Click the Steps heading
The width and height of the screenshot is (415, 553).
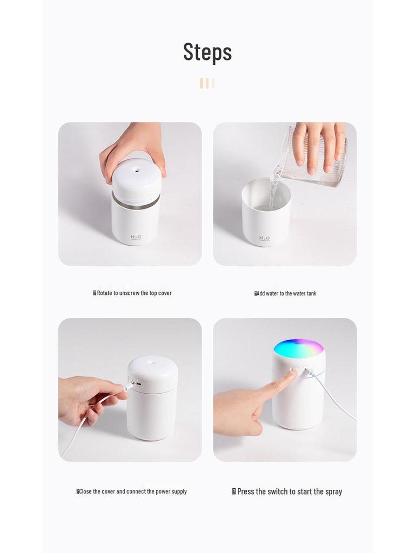point(207,52)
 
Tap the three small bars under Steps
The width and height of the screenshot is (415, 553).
point(207,83)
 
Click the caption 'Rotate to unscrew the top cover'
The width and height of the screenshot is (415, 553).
point(132,293)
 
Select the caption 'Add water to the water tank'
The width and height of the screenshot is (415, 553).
point(285,293)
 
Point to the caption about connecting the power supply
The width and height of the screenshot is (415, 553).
point(132,491)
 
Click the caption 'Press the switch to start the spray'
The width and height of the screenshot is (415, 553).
point(287,491)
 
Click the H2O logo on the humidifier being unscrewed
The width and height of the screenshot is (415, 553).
point(136,237)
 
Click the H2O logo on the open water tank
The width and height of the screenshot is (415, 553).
point(264,238)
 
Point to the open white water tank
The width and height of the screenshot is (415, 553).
point(266,213)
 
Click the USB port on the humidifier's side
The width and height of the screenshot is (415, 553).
point(138,385)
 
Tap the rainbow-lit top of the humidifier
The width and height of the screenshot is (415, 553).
point(298,348)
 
